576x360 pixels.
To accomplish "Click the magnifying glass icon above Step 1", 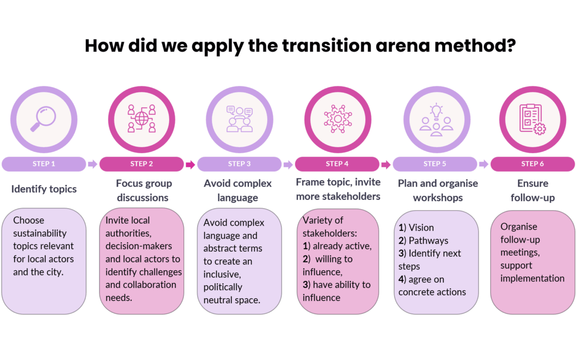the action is pos(43,118).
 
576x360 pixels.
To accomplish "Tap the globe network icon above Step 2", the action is pos(142,118).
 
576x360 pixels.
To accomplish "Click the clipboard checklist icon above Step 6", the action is pos(532,119).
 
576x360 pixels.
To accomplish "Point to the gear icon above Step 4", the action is pos(338,118).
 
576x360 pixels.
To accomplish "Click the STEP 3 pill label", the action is pos(239,164).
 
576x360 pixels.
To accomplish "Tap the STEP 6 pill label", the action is pos(532,164).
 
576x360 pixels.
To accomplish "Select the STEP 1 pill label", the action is pos(44,164).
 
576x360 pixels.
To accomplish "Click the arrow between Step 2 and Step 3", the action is pos(190,164).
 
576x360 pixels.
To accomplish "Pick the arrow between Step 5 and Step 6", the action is pos(483,164).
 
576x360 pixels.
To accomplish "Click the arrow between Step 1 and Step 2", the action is pos(93,164).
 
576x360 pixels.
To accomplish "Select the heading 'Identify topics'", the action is pos(44,189).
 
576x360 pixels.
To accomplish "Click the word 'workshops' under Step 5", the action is pos(438,198).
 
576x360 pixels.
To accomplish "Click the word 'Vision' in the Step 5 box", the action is pos(421,228).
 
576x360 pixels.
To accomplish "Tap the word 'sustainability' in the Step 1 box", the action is pos(39,234).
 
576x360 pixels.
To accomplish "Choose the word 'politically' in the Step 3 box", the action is pos(222,287).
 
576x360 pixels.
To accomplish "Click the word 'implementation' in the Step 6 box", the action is pos(532,278).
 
